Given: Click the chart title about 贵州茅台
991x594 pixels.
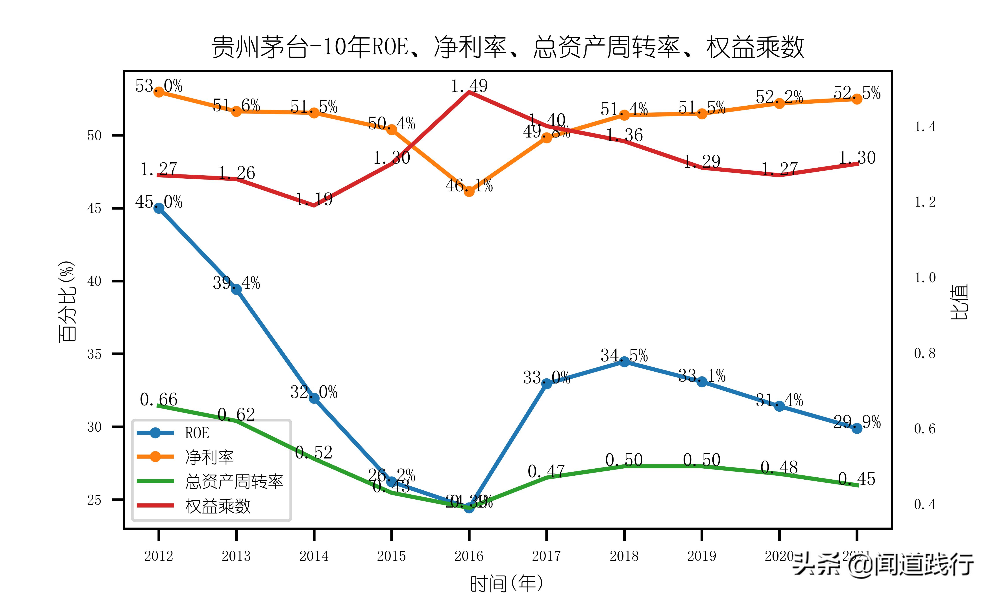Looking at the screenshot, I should [x=508, y=47].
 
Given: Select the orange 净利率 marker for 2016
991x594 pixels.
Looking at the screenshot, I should [x=469, y=191].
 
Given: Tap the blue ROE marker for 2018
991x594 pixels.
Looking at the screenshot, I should [x=624, y=361].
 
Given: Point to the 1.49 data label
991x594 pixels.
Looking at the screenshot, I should [x=469, y=86].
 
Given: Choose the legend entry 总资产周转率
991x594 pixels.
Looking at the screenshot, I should [x=234, y=481].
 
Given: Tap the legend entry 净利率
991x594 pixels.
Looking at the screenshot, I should [x=209, y=457].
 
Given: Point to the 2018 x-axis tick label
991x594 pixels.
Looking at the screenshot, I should [x=624, y=556].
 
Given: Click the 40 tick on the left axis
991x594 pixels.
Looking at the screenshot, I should [x=94, y=281].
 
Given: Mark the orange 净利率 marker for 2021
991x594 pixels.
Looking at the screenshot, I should [x=857, y=99].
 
